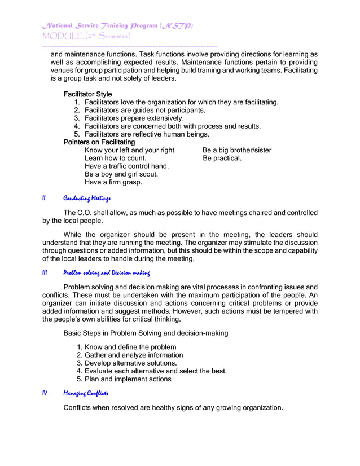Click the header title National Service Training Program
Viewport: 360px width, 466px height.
117,26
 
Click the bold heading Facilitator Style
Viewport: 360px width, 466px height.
87,94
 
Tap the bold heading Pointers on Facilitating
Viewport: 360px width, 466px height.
99,143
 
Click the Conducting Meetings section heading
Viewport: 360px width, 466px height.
87,199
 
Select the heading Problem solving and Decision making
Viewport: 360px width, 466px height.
106,274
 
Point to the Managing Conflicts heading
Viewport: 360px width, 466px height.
86,393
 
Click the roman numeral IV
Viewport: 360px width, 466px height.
45,393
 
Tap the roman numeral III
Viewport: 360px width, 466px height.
45,274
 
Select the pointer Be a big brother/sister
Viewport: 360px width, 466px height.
236,151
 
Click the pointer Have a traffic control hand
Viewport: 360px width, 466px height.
126,166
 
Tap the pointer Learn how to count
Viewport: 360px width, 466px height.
115,159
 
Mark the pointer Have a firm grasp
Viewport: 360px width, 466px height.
113,182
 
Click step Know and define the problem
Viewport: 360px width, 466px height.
130,347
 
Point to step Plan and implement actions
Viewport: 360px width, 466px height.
128,379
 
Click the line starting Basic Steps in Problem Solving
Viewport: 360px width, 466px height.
146,333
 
